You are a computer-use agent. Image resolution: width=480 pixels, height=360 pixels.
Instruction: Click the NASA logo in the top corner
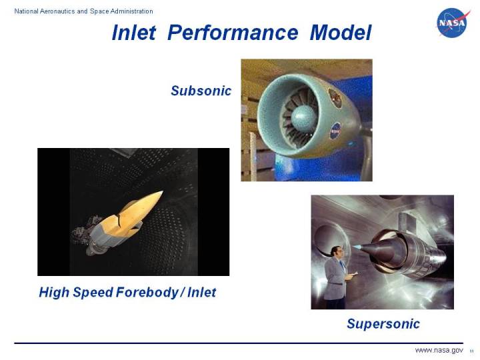coord(454,23)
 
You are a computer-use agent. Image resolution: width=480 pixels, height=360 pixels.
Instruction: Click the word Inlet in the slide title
coord(133,33)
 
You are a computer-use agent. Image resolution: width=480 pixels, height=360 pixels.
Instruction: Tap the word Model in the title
coord(340,33)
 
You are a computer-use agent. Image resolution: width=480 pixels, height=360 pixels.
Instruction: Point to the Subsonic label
coord(201,91)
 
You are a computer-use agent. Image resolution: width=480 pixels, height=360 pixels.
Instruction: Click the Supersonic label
coord(383,324)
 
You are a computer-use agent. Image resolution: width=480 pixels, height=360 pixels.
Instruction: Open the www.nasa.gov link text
coord(439,351)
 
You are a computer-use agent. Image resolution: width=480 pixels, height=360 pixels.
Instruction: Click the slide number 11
coord(471,351)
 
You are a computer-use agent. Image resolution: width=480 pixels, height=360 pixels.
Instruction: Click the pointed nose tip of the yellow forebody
coord(161,192)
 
